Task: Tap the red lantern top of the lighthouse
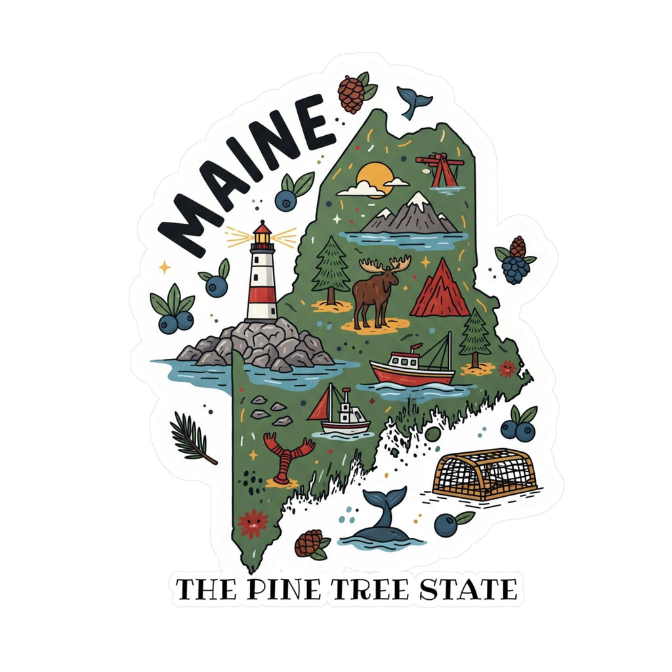click(x=262, y=230)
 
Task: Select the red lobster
click(x=285, y=456)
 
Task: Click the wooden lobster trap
click(x=484, y=473)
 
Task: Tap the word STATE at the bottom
click(x=469, y=590)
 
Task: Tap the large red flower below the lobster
click(x=253, y=524)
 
